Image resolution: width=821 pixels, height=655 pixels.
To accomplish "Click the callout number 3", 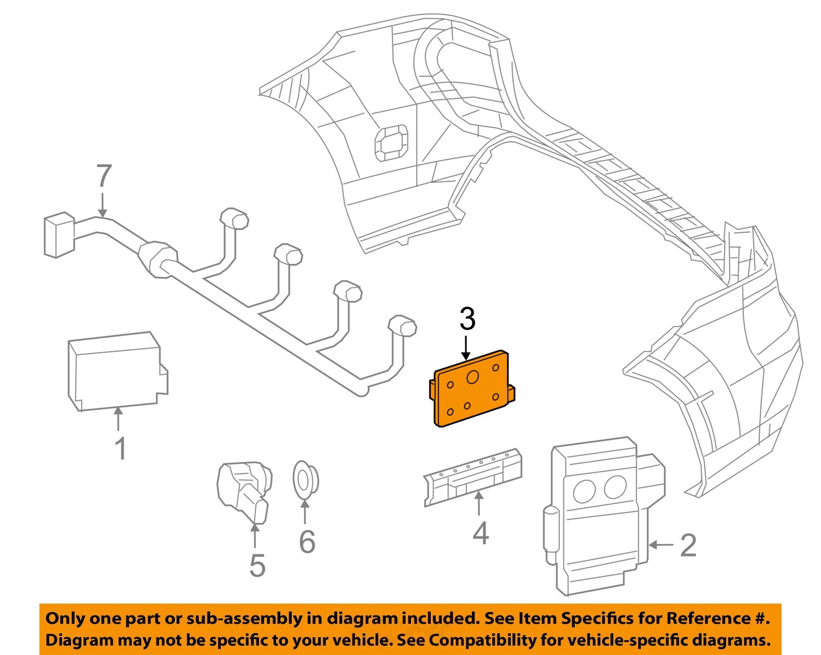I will (467, 320).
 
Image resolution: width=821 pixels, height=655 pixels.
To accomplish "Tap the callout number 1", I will (120, 449).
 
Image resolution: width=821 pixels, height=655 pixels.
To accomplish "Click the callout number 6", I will (307, 542).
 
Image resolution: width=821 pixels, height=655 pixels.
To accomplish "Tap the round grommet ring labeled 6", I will (304, 479).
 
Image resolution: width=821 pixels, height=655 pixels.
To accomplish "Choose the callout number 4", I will (480, 534).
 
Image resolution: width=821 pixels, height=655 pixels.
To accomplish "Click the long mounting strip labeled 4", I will (473, 476).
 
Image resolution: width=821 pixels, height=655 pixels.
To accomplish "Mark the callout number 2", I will (688, 546).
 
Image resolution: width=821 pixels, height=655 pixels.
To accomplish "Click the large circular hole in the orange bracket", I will (472, 378).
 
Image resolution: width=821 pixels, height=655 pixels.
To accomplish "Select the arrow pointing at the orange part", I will (466, 348).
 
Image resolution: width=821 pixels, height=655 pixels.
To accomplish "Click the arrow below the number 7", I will (102, 204).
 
